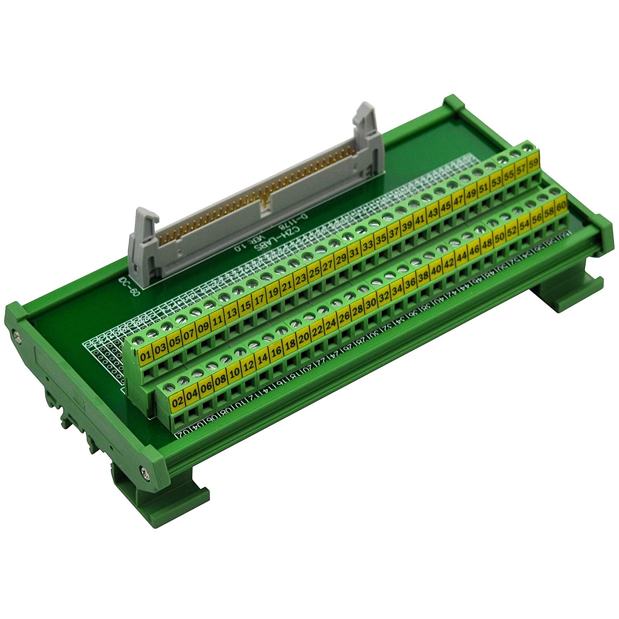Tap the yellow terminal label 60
tap(560, 206)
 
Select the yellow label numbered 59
tap(533, 163)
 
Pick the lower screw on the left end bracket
tap(143, 470)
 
